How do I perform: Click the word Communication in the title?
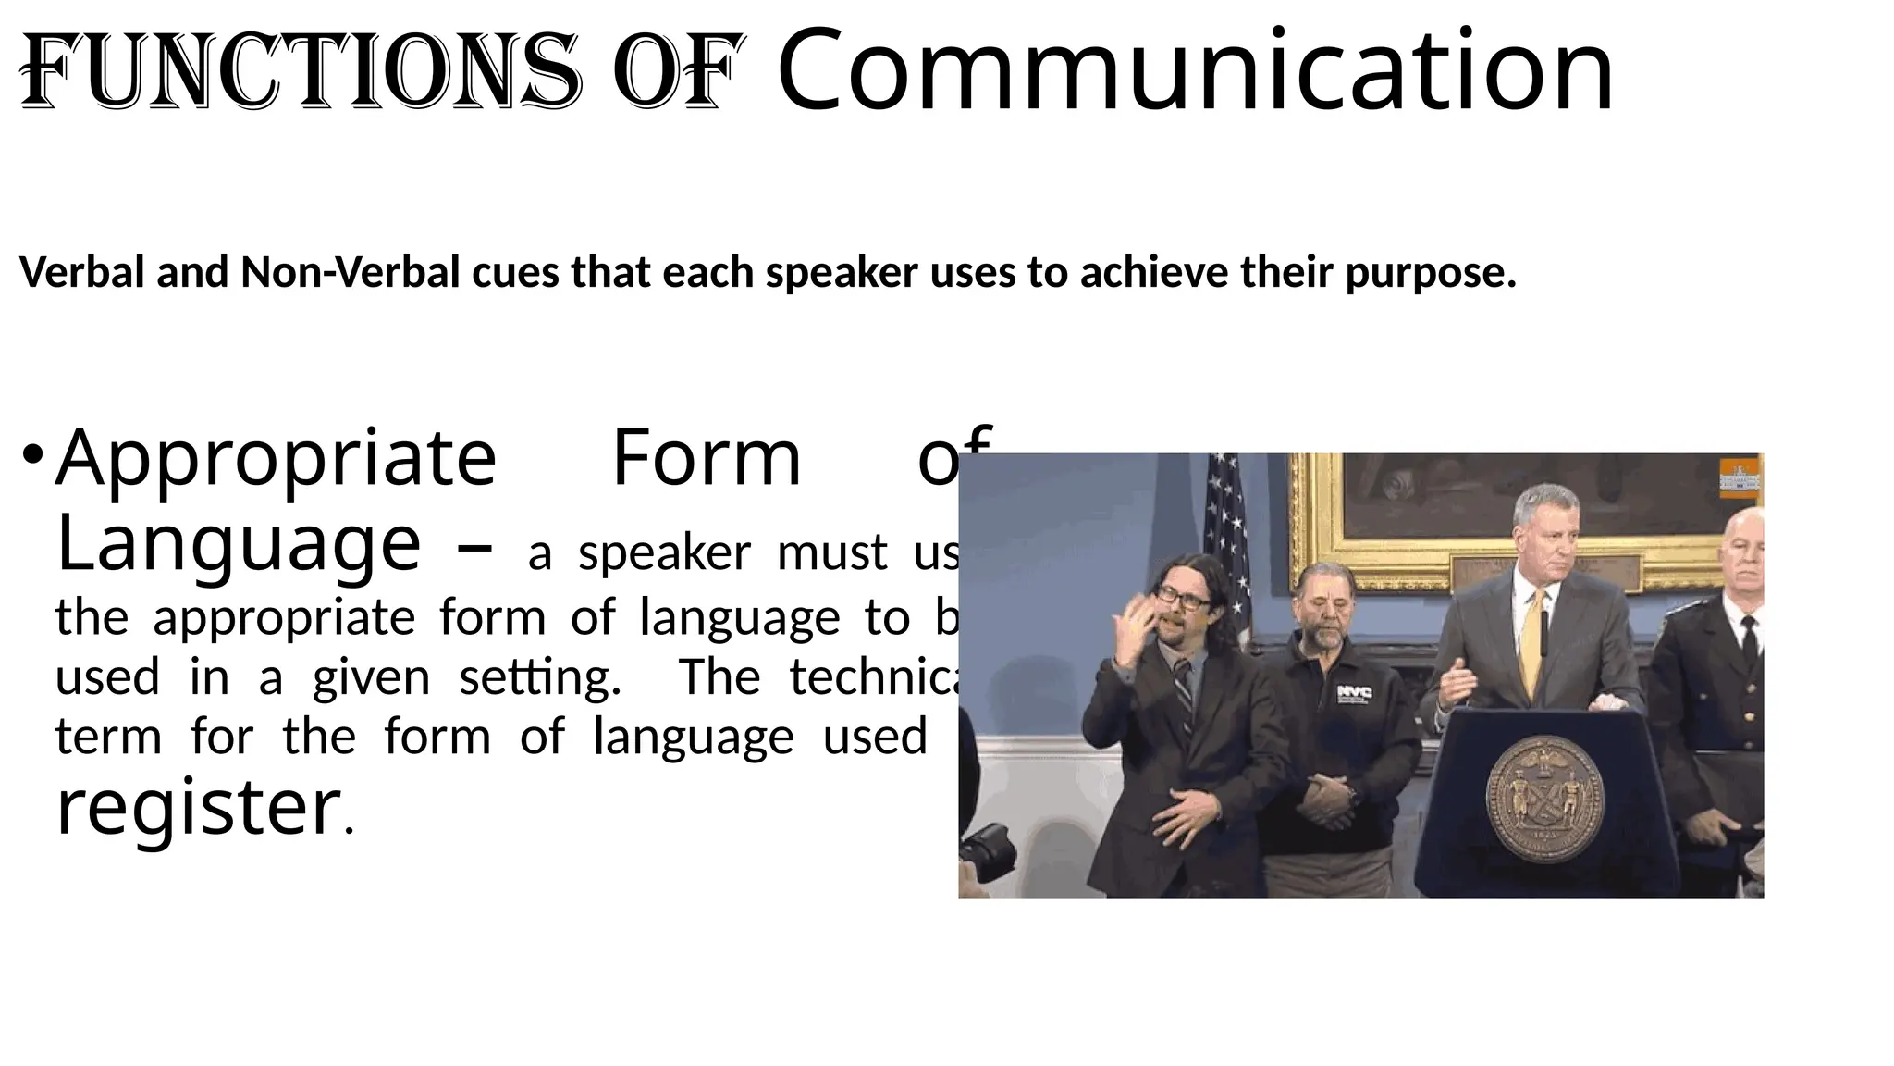tap(1195, 70)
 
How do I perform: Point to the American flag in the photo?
tap(1226, 537)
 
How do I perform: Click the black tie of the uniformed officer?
tap(1749, 638)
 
